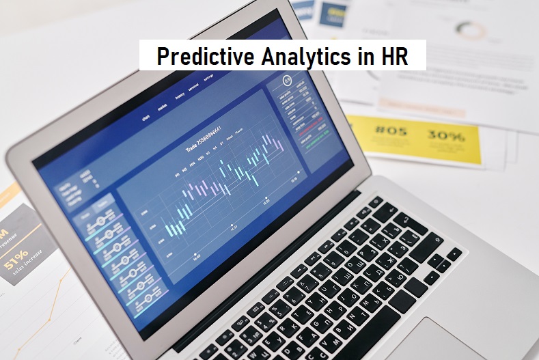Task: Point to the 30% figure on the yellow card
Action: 445,135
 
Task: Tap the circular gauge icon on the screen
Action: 287,81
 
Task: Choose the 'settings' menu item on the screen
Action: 208,79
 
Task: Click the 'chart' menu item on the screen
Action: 146,117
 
